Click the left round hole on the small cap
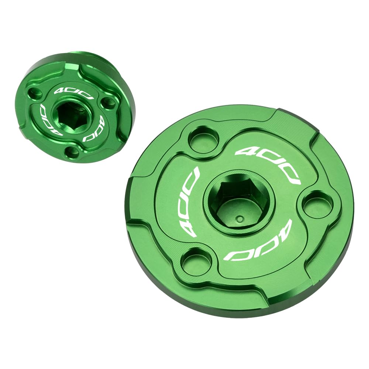point(35,93)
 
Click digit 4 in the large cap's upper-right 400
point(245,152)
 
